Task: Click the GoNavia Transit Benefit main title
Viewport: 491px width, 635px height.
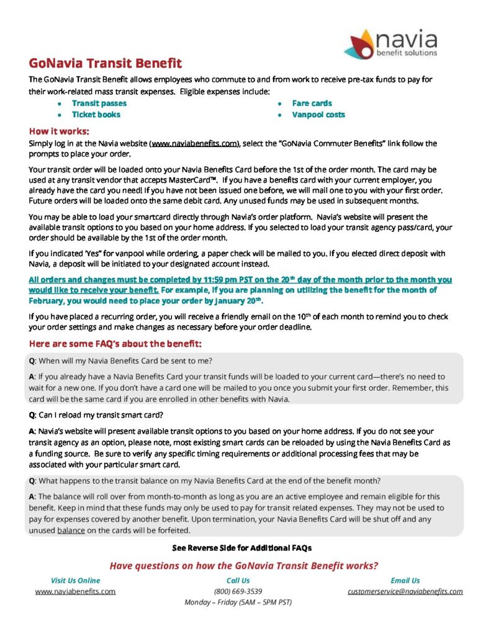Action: pyautogui.click(x=106, y=63)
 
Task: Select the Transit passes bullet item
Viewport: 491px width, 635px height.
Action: pyautogui.click(x=99, y=104)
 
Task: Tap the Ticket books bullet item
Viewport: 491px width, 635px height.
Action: pyautogui.click(x=96, y=115)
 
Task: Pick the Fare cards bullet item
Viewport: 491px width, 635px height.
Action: pyautogui.click(x=312, y=104)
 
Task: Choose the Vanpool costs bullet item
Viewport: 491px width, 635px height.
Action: pyautogui.click(x=318, y=115)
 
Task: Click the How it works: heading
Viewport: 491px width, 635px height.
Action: pyautogui.click(x=60, y=131)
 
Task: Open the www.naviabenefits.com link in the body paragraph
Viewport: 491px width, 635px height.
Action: pyautogui.click(x=194, y=143)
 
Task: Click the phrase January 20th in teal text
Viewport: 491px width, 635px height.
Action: pyautogui.click(x=239, y=301)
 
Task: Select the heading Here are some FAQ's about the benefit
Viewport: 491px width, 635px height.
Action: pyautogui.click(x=115, y=344)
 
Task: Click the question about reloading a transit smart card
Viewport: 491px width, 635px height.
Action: pyautogui.click(x=96, y=415)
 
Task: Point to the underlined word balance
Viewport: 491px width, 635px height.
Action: pyautogui.click(x=70, y=530)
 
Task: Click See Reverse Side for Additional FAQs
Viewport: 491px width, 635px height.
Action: pyautogui.click(x=241, y=548)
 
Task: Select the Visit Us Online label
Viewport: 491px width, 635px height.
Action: pyautogui.click(x=75, y=580)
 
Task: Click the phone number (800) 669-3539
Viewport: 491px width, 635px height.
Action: pyautogui.click(x=238, y=592)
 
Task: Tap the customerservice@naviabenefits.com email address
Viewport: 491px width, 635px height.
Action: pyautogui.click(x=405, y=592)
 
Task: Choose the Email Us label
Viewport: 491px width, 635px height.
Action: pyautogui.click(x=405, y=580)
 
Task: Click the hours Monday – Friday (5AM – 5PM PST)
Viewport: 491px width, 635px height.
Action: pyautogui.click(x=238, y=602)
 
